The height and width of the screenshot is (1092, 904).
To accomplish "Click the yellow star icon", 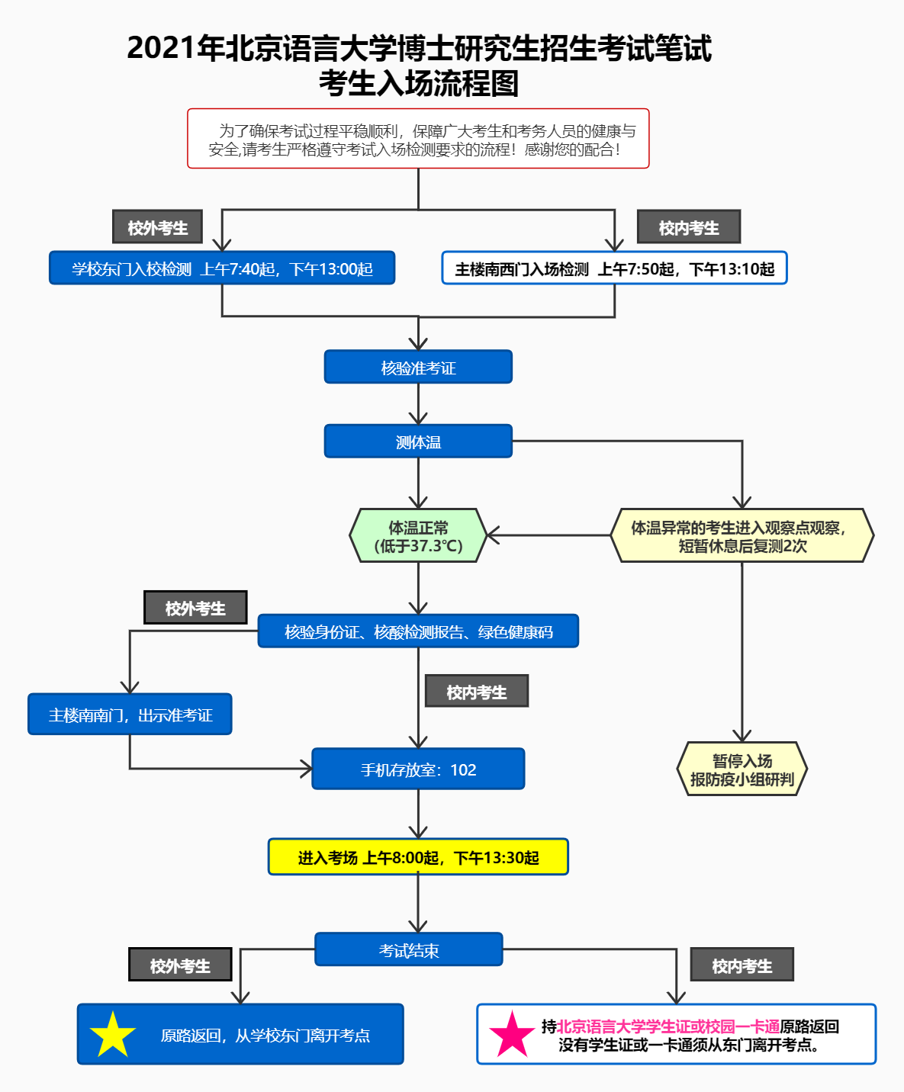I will pyautogui.click(x=112, y=1035).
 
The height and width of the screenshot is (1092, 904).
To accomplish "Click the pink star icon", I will pyautogui.click(x=512, y=1035).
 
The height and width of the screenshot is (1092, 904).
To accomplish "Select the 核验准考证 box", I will pyautogui.click(x=418, y=368).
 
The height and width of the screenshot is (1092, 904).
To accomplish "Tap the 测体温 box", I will pyautogui.click(x=418, y=442).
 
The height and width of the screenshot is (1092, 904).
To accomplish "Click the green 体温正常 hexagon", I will pyautogui.click(x=418, y=536).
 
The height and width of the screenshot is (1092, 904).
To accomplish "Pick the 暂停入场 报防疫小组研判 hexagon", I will pyautogui.click(x=742, y=769).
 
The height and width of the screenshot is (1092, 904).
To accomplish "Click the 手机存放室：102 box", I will pyautogui.click(x=418, y=769).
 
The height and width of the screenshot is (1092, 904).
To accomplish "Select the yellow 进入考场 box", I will pyautogui.click(x=418, y=857).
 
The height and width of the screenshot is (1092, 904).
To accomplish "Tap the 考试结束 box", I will pyautogui.click(x=409, y=950).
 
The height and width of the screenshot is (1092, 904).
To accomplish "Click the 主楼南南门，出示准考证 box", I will pyautogui.click(x=130, y=715).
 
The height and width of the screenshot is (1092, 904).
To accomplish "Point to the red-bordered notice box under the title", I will pyautogui.click(x=418, y=139).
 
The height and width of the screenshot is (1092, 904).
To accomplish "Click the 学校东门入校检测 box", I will pyautogui.click(x=222, y=268).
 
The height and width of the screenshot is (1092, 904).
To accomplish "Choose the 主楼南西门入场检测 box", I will pyautogui.click(x=614, y=268).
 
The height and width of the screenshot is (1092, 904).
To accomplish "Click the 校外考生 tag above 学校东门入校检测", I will pyautogui.click(x=157, y=227).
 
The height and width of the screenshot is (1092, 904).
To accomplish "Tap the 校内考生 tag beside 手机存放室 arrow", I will pyautogui.click(x=476, y=692).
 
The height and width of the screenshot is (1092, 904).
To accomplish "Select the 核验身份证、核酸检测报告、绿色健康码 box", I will pyautogui.click(x=418, y=631).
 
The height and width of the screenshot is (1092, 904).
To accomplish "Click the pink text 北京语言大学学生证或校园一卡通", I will pyautogui.click(x=668, y=1026).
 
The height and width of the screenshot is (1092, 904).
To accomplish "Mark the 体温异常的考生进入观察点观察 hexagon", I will pyautogui.click(x=742, y=536).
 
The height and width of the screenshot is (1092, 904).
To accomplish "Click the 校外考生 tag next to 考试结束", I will pyautogui.click(x=180, y=965).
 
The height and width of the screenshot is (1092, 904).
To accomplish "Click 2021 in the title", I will pyautogui.click(x=161, y=48).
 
